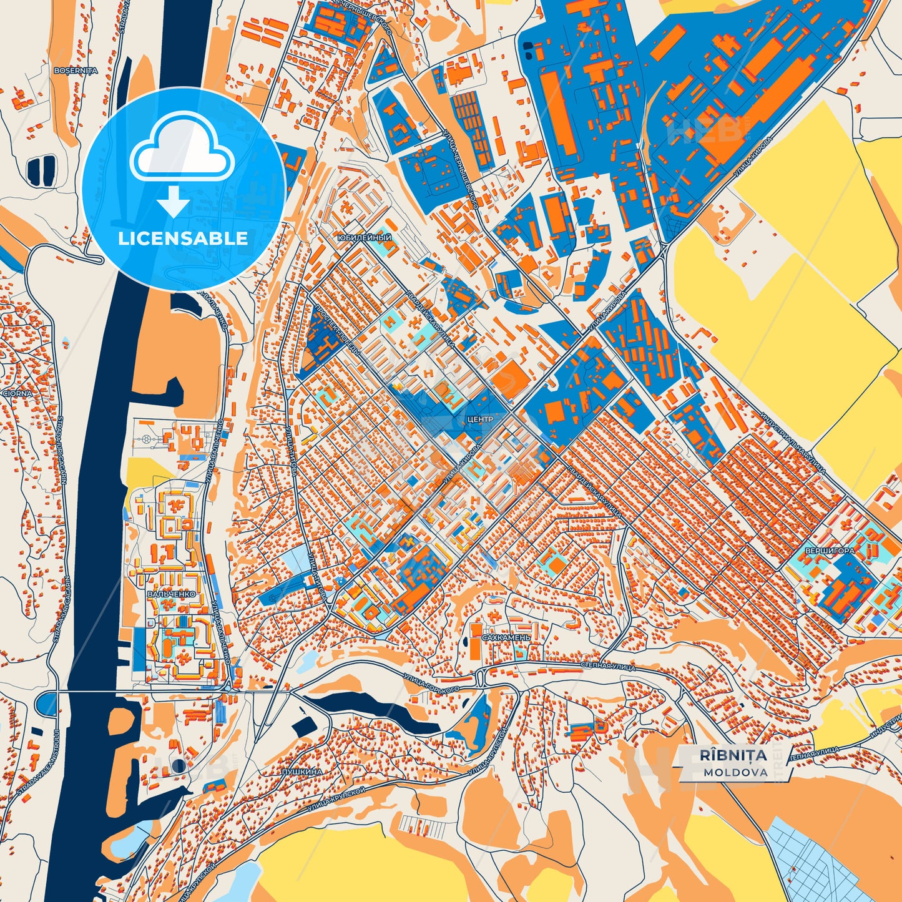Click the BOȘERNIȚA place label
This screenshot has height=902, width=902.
(76, 71)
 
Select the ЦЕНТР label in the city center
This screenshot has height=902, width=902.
(479, 419)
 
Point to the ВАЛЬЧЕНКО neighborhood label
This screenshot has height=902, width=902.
(171, 594)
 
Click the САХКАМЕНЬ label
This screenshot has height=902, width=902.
(506, 638)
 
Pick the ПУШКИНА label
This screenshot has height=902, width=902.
(302, 772)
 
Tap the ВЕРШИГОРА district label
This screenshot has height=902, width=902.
(830, 552)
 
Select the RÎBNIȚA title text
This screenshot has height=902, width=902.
(733, 755)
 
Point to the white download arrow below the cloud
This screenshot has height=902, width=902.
(174, 201)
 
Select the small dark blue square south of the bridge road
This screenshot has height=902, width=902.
(305, 727)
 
